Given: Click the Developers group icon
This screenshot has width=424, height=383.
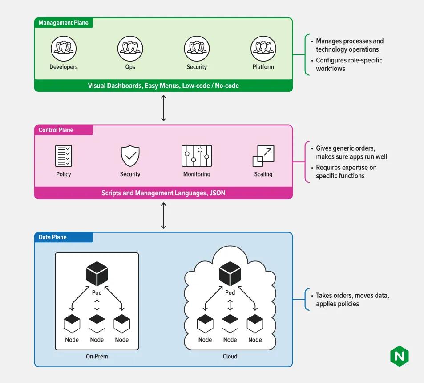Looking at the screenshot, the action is click(x=64, y=49).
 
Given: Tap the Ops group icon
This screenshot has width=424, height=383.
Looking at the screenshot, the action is click(x=130, y=49).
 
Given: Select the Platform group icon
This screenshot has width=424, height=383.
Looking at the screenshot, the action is click(x=263, y=49).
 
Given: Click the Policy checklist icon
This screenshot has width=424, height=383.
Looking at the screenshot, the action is click(x=64, y=156).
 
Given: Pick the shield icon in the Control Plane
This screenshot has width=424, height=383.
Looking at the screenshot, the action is click(x=130, y=156).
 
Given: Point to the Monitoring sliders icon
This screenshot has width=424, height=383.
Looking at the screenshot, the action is click(x=197, y=156).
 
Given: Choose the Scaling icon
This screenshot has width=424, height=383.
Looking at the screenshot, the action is click(x=263, y=156).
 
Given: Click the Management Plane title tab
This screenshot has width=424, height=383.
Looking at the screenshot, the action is click(x=64, y=23).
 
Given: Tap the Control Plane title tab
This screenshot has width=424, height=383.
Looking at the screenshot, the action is click(x=64, y=130).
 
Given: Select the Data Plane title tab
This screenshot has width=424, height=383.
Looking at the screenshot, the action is click(x=64, y=237).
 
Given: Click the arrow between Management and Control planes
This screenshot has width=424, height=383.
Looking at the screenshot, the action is click(x=163, y=108).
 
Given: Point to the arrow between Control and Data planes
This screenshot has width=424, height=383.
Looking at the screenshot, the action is click(x=163, y=215).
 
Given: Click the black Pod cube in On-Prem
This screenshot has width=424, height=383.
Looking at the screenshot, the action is click(x=97, y=273).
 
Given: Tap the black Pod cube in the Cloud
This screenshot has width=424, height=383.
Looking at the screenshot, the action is click(x=230, y=273).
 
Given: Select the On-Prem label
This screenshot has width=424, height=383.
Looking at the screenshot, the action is click(x=97, y=356).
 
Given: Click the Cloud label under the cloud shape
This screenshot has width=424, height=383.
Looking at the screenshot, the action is click(x=230, y=356).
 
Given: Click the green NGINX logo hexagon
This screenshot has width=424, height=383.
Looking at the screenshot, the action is click(x=400, y=356).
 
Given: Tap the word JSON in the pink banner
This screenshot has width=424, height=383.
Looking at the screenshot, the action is click(x=218, y=193).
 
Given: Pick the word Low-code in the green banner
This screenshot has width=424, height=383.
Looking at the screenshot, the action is click(x=196, y=86).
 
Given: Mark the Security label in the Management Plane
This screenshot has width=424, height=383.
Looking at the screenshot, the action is click(x=197, y=67).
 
